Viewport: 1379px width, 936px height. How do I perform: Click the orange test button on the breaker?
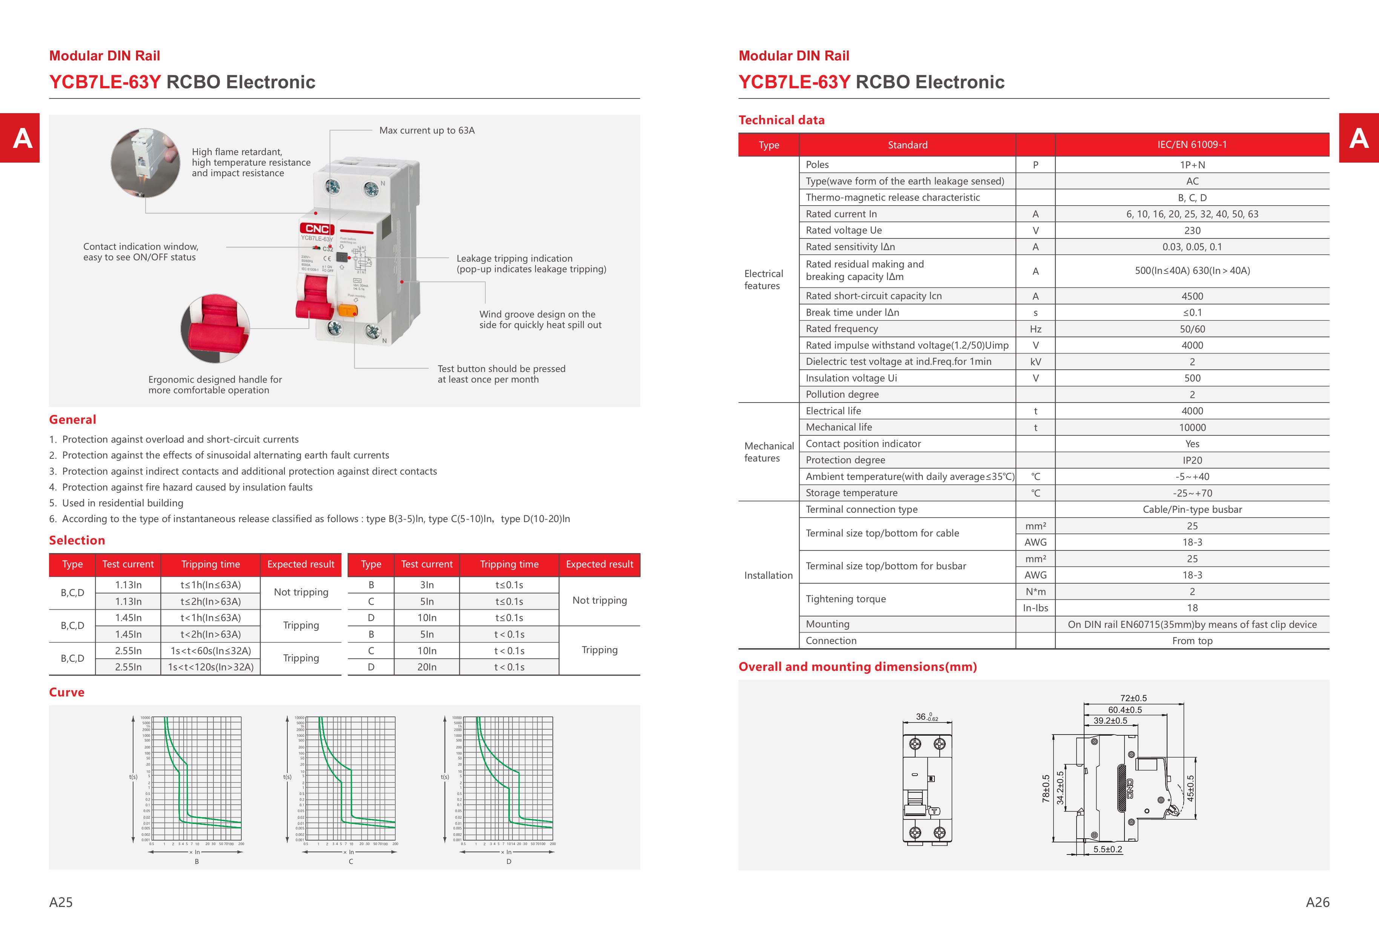[x=347, y=310]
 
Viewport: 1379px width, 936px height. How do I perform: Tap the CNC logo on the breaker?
[x=317, y=229]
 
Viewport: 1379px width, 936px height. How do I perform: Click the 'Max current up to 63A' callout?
[x=426, y=131]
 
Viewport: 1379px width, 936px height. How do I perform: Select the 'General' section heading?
[x=72, y=420]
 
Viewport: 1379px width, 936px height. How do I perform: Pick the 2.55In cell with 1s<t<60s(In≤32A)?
[x=128, y=650]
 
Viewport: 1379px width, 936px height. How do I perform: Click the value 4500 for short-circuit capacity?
[x=1192, y=296]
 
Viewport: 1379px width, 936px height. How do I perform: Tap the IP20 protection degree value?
[x=1192, y=460]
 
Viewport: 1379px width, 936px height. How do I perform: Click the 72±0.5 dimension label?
[x=1134, y=698]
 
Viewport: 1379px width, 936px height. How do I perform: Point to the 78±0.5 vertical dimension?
[x=1046, y=788]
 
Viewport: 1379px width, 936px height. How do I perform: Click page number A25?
[x=61, y=902]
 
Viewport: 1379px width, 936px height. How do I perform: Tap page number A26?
[x=1317, y=902]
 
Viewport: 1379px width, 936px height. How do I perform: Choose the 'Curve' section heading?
[x=66, y=692]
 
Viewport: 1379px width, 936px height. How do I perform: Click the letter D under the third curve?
[x=509, y=861]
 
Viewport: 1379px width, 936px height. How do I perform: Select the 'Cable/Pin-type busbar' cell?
[x=1192, y=509]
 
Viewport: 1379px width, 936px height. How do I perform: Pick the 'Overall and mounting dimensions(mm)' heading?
[x=857, y=667]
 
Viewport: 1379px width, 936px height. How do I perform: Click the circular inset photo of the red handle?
[x=215, y=328]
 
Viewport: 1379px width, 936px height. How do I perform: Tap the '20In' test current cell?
[x=426, y=667]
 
